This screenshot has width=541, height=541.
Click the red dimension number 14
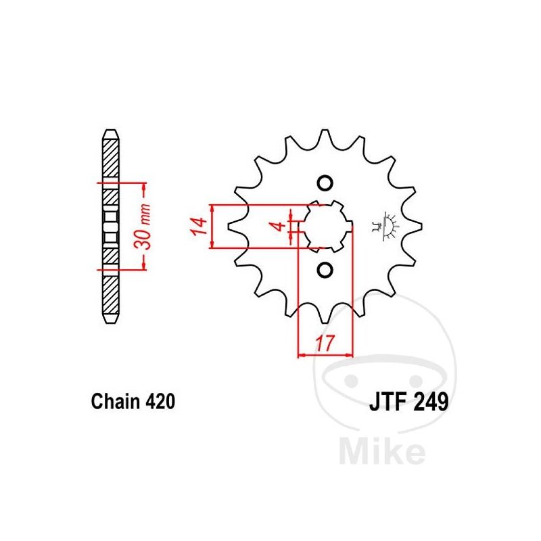tap(199, 227)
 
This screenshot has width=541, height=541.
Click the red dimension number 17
tap(325, 344)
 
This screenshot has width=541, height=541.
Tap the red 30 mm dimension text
tap(143, 227)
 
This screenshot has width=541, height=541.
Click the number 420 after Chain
tap(160, 402)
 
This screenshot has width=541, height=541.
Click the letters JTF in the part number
tap(388, 402)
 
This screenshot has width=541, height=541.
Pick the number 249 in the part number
tap(431, 402)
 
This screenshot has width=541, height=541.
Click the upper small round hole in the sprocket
tap(325, 183)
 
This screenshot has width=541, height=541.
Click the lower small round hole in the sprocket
tap(325, 270)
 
